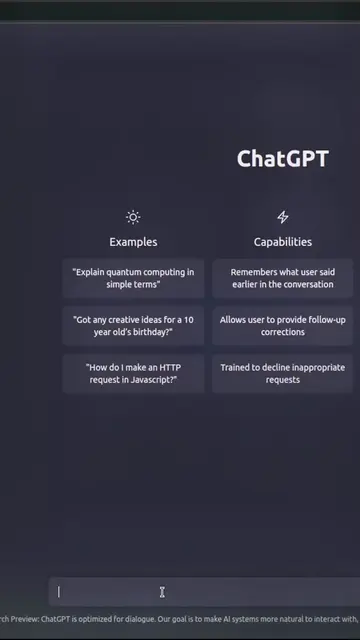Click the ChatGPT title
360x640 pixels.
click(x=282, y=158)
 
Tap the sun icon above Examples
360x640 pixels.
click(x=133, y=217)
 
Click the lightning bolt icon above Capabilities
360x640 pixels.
click(x=283, y=217)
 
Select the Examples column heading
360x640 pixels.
click(x=133, y=242)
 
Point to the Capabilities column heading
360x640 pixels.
click(x=283, y=242)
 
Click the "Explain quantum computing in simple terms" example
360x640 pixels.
click(x=133, y=278)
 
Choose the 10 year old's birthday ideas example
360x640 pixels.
click(x=133, y=326)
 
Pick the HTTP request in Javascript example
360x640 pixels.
click(x=133, y=373)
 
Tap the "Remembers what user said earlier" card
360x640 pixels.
click(x=282, y=278)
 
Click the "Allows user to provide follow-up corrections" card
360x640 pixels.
click(x=282, y=326)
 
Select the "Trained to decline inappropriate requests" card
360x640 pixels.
click(x=282, y=373)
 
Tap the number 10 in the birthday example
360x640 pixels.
click(x=188, y=320)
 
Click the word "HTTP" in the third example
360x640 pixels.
click(x=170, y=367)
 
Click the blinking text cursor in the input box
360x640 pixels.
click(x=59, y=592)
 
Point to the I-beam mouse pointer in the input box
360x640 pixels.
click(x=162, y=592)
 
